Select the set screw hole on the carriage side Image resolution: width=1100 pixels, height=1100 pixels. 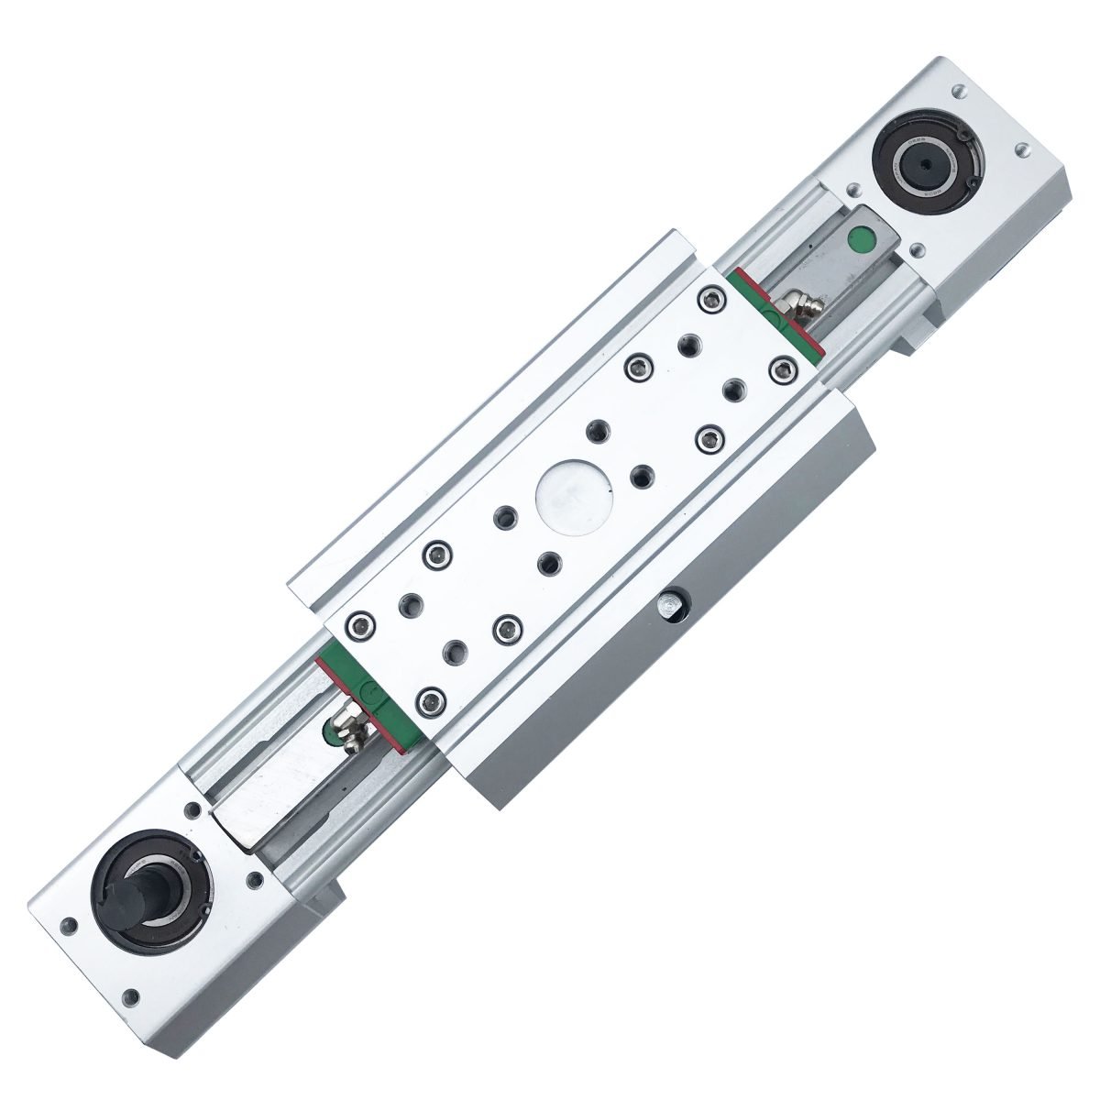(671, 607)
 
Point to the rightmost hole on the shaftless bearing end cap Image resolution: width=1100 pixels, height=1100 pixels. (1019, 149)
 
